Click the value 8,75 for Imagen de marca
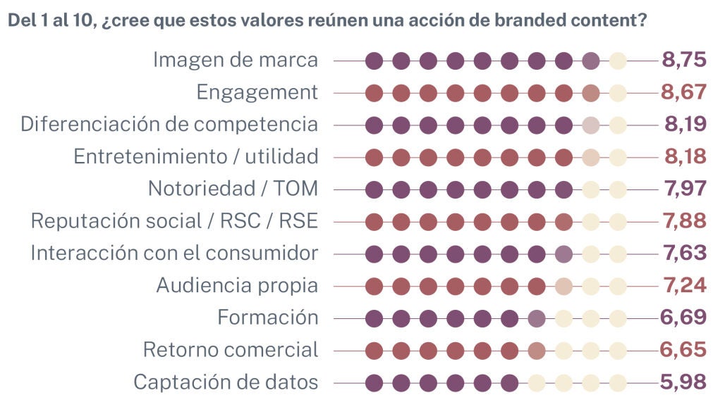click(683, 60)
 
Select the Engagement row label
click(257, 92)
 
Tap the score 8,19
click(685, 125)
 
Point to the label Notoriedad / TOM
click(233, 189)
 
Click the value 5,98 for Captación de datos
click(683, 382)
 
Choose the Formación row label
click(267, 318)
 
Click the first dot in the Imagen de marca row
click(374, 61)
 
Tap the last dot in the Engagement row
click(618, 93)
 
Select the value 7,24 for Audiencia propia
click(685, 286)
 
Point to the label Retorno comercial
click(231, 350)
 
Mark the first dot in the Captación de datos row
click(374, 383)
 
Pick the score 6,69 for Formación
click(683, 318)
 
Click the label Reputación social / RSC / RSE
click(174, 221)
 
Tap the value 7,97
click(684, 189)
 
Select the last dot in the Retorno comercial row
click(618, 351)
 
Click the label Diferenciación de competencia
click(169, 125)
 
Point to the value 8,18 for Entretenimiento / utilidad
click(685, 156)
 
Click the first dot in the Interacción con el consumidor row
click(374, 254)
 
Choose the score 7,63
click(684, 253)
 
